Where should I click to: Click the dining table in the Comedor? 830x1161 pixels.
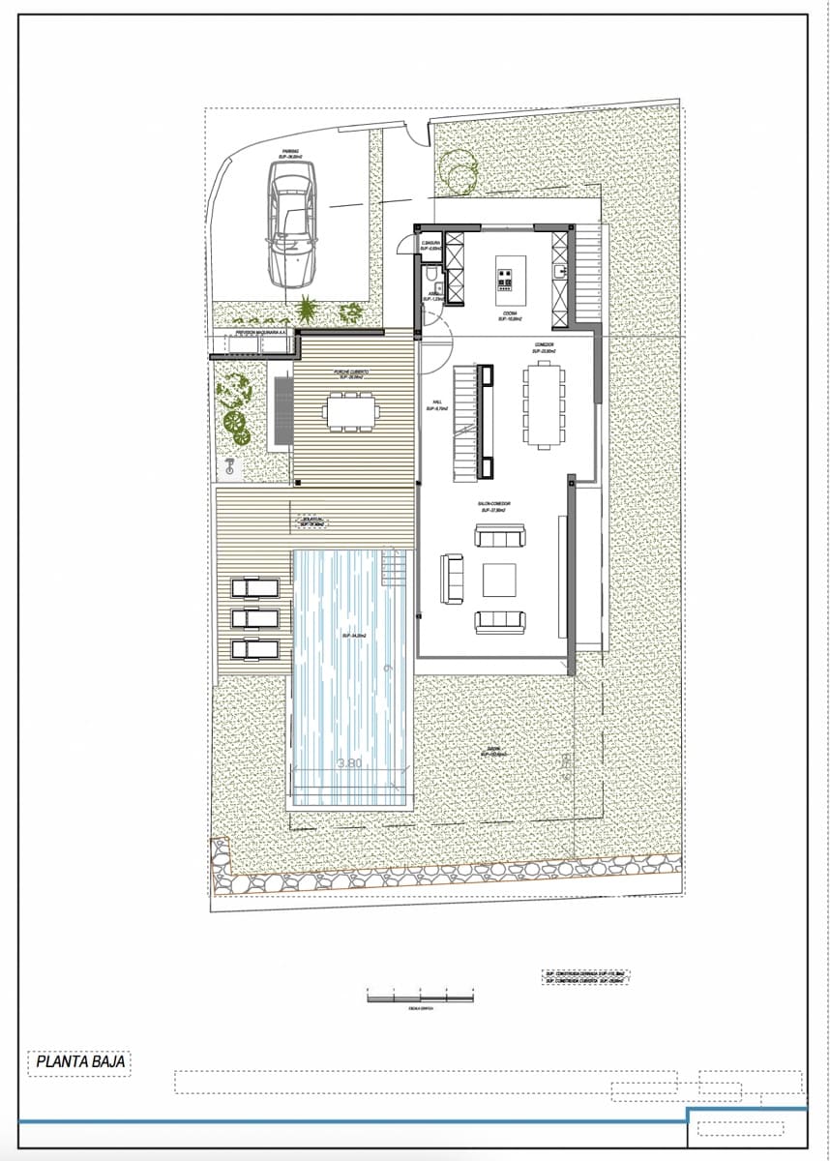click(x=544, y=404)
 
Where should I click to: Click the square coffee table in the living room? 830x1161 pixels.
click(x=499, y=580)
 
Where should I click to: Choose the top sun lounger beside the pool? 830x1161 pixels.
click(x=254, y=587)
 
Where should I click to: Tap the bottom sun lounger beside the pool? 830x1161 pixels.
click(x=254, y=647)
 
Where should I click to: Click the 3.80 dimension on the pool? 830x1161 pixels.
click(x=349, y=763)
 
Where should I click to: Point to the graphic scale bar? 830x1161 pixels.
click(x=421, y=996)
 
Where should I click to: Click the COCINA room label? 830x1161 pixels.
click(x=509, y=315)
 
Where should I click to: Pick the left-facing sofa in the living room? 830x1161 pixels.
click(x=452, y=579)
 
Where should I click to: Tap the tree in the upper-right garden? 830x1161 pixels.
click(x=458, y=168)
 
